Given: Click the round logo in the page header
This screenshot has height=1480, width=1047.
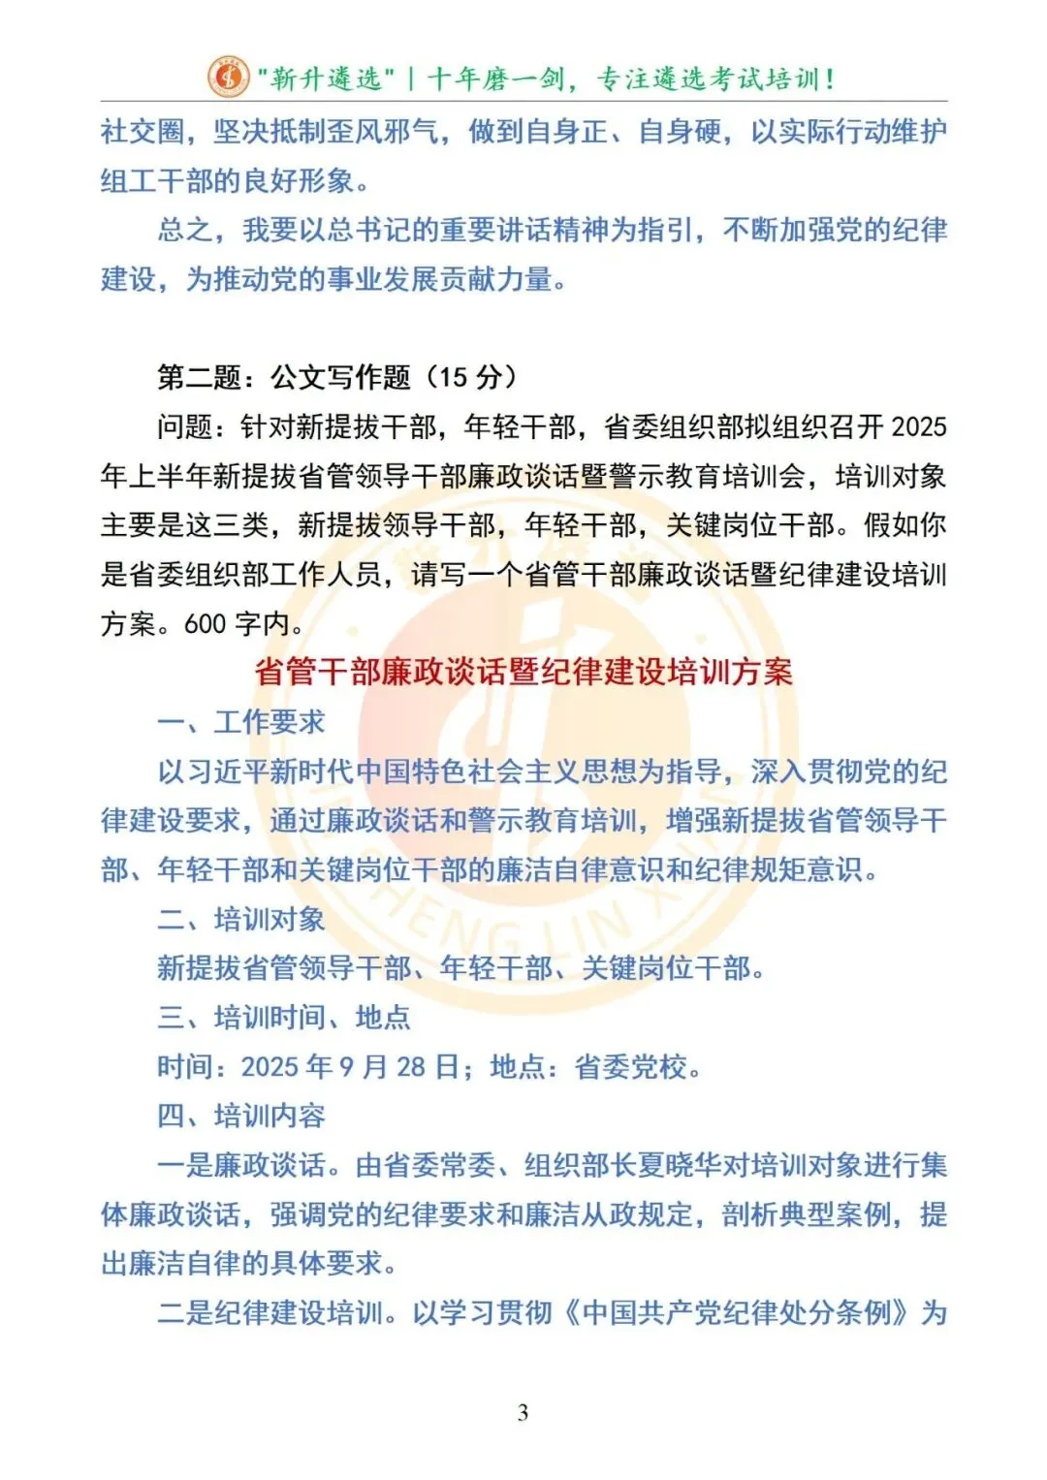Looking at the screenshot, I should point(228,77).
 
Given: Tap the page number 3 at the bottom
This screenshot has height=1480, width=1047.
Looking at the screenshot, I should point(523,1412).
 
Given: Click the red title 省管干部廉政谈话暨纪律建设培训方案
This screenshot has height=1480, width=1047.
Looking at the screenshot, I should point(523,672).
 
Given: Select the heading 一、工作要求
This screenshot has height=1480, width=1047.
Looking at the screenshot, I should point(241,722).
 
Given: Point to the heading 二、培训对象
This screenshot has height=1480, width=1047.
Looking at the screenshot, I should point(241,919).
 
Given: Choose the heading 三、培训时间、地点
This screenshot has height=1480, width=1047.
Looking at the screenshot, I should point(284,1018).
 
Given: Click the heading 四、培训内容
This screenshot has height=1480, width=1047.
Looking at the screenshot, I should point(241,1117).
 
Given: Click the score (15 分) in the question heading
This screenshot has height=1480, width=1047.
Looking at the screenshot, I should point(472,377).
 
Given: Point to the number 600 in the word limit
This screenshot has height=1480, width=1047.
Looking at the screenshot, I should point(205,623).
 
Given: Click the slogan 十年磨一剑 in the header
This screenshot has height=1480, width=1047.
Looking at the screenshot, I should point(482,79).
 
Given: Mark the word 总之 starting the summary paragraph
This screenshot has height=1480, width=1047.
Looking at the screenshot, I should point(185,230).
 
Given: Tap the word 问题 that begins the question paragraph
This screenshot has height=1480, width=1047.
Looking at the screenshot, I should point(185,426).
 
